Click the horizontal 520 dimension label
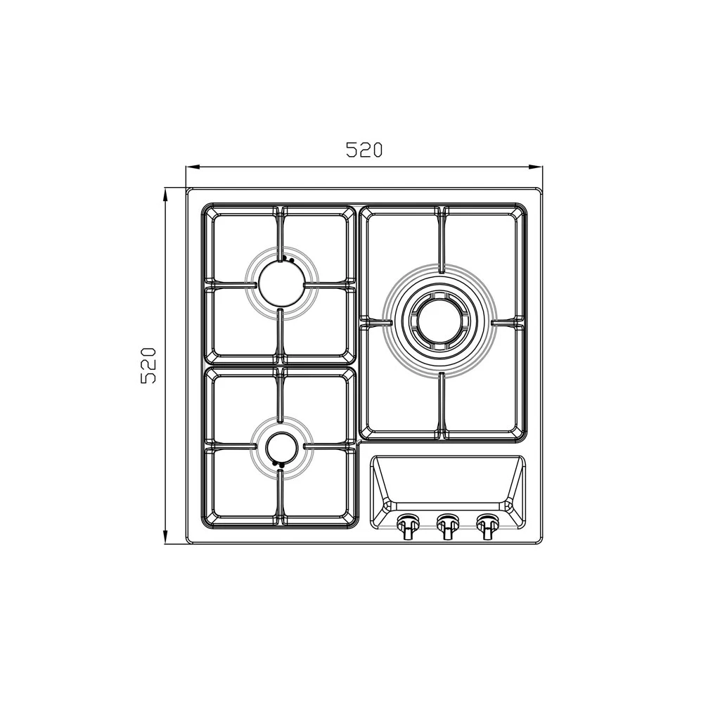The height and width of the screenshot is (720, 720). pyautogui.click(x=364, y=150)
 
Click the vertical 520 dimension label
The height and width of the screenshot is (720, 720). pyautogui.click(x=148, y=366)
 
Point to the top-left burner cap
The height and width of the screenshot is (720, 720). pyautogui.click(x=281, y=284)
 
